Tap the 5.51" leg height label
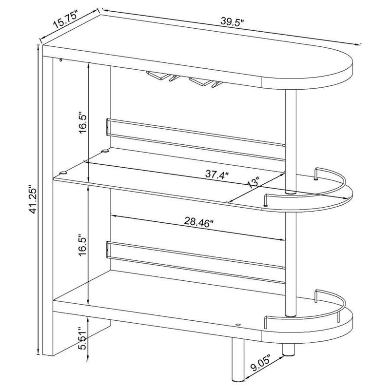(83, 338)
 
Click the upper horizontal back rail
(195, 137)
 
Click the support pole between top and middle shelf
(291, 141)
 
